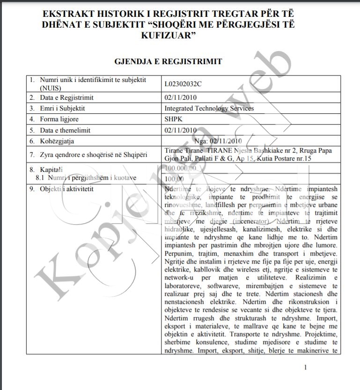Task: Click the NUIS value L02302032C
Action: coord(183,84)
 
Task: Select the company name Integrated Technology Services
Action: coord(209,108)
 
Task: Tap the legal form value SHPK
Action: coord(173,119)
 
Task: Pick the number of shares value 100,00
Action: coord(174,178)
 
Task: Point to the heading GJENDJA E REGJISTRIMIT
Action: coord(168,61)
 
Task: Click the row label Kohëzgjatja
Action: coord(57,140)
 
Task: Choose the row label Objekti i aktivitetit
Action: coord(66,189)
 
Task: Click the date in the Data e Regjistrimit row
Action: coord(181,97)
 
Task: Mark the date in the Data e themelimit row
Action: coord(181,130)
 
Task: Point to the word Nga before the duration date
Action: coord(203,140)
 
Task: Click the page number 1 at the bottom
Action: coord(305,368)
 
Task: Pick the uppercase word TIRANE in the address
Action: coord(219,150)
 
